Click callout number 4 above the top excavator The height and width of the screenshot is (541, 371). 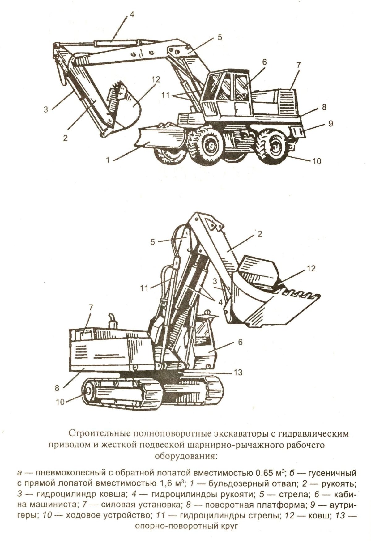(x=132, y=15)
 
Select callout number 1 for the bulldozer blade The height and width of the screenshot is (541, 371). (x=108, y=160)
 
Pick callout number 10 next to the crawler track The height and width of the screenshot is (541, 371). (x=60, y=402)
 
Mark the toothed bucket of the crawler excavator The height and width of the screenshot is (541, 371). (x=272, y=297)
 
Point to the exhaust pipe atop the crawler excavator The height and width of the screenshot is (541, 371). (x=112, y=322)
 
